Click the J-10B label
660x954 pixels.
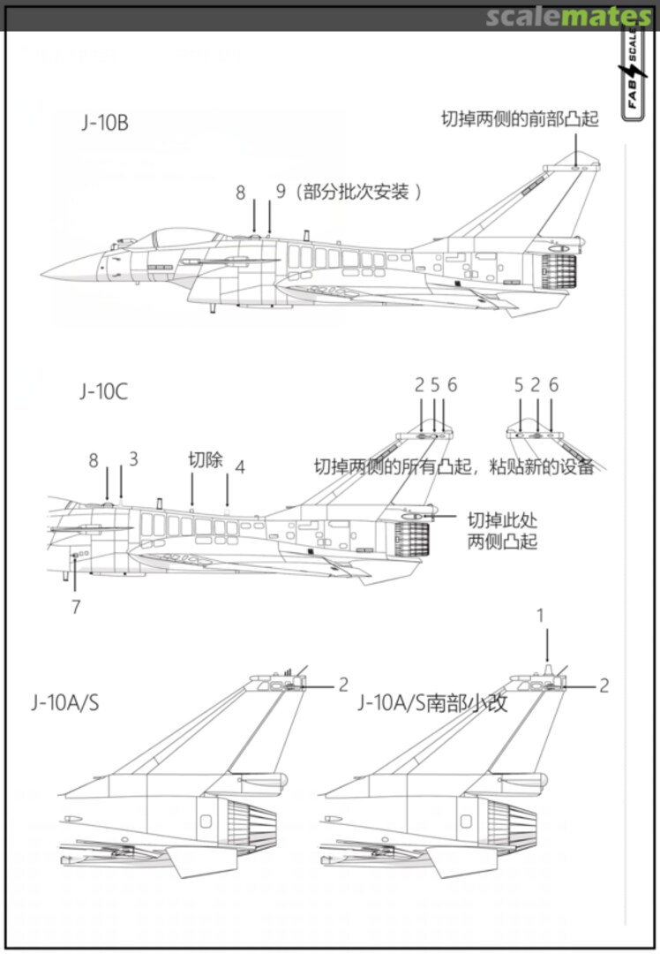(x=105, y=123)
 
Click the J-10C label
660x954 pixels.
(x=104, y=391)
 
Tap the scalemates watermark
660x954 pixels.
(x=567, y=16)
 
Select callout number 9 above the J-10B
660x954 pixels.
(x=281, y=191)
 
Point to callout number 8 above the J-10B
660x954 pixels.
(x=240, y=191)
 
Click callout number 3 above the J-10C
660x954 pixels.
(x=133, y=459)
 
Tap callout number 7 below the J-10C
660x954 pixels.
(x=76, y=607)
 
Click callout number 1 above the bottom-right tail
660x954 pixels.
(x=541, y=615)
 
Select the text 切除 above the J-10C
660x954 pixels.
(x=206, y=460)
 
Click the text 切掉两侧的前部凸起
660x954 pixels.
(x=520, y=119)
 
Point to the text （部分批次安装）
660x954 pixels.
(x=356, y=191)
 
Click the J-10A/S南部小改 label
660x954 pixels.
(x=432, y=703)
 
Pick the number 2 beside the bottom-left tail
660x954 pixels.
(x=343, y=685)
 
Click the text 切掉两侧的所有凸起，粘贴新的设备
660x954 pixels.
(x=454, y=466)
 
